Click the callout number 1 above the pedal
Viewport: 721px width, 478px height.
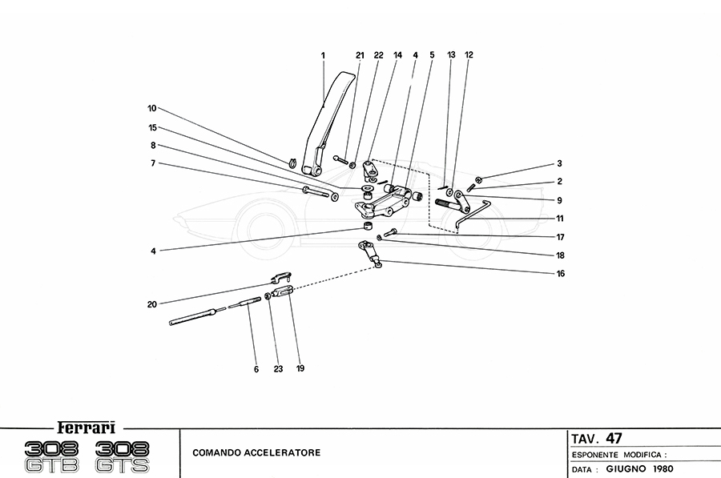click(x=323, y=55)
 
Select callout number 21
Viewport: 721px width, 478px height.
click(x=360, y=55)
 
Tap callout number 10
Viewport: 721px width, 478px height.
click(x=151, y=107)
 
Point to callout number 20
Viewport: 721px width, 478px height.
click(x=151, y=303)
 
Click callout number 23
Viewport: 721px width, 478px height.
click(x=278, y=369)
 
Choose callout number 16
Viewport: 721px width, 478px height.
click(x=561, y=273)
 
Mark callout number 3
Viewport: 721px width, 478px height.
click(x=560, y=163)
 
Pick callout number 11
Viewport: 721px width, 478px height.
click(x=560, y=218)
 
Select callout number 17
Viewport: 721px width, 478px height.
click(x=560, y=237)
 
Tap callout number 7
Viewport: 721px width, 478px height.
click(x=151, y=163)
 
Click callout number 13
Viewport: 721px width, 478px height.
click(x=451, y=55)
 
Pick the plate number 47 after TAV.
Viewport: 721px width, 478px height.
click(x=614, y=438)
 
